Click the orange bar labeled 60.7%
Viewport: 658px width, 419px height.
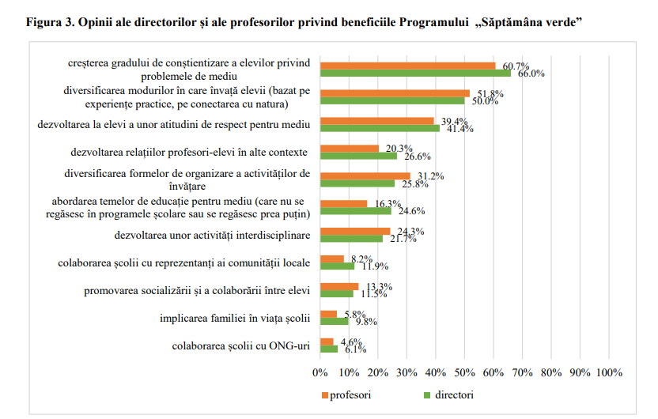tap(407, 66)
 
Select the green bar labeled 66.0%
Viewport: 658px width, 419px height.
tap(415, 74)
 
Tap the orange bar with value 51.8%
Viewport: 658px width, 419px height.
tap(395, 93)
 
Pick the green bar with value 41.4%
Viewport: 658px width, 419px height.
tap(380, 128)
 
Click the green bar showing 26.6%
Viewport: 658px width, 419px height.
tap(358, 156)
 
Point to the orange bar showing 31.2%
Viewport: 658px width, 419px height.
tap(365, 176)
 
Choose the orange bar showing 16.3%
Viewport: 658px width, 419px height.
tap(344, 203)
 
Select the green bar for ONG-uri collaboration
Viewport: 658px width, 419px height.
tap(329, 349)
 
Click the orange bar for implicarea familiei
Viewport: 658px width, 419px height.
tap(328, 314)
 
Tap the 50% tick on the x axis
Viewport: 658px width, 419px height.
tap(465, 372)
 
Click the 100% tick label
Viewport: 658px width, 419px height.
tap(609, 372)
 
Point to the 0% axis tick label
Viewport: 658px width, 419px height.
tap(320, 372)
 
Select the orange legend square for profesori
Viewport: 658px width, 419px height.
tap(324, 394)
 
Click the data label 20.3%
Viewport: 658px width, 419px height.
tap(395, 148)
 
